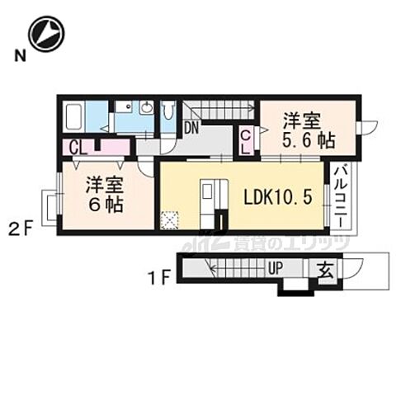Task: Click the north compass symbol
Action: coord(45,34)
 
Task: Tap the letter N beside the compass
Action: coord(17,56)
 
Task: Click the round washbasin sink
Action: coord(147,108)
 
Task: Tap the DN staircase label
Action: coord(191,128)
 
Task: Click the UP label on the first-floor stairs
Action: coord(276,269)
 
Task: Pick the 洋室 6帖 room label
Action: coord(106,195)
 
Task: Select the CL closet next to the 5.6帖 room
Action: coord(247,142)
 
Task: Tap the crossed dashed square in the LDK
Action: coord(170,219)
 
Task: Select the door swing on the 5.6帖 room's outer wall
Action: coord(368,126)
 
